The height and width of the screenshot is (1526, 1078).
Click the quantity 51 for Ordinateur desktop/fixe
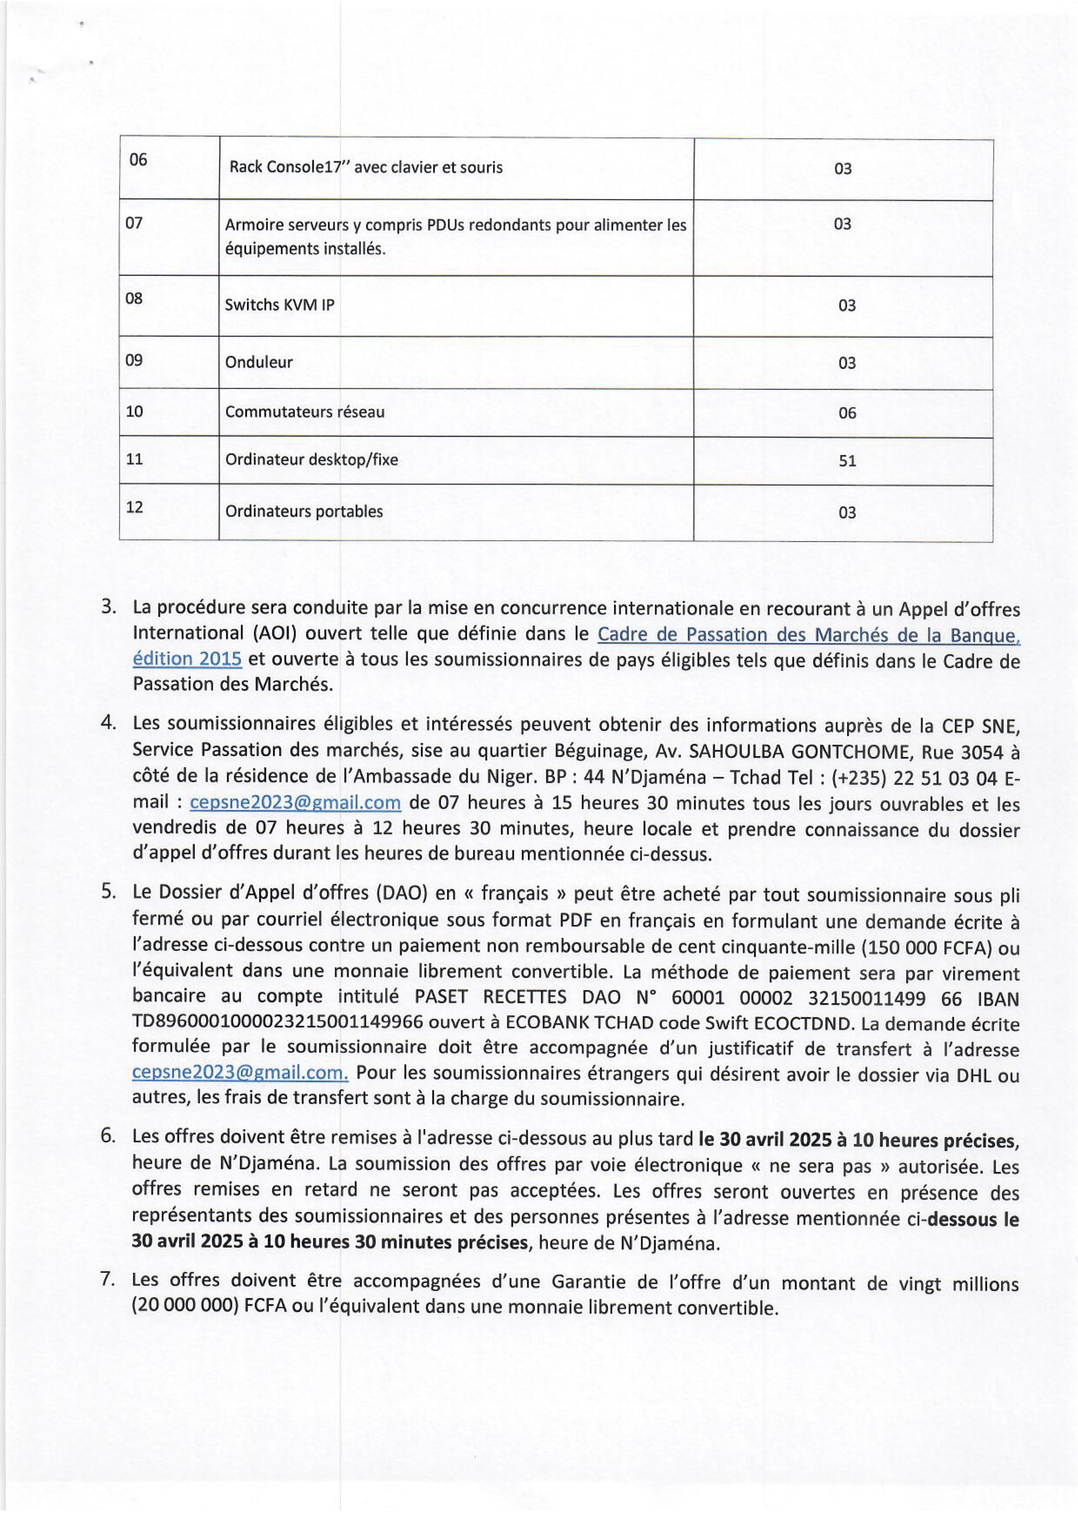(847, 461)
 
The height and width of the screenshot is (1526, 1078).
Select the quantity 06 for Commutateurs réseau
(847, 413)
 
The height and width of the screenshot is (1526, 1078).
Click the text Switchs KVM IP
(280, 305)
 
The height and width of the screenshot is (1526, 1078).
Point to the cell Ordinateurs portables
(304, 511)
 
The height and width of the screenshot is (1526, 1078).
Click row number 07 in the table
(134, 223)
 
